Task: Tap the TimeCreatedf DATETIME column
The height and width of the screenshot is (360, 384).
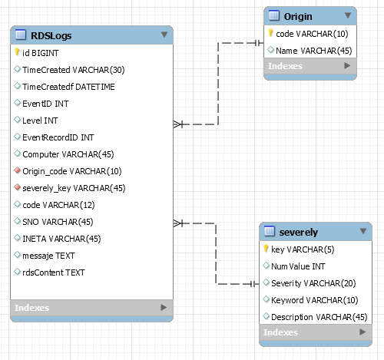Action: tap(69, 87)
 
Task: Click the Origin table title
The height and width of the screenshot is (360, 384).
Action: tap(297, 16)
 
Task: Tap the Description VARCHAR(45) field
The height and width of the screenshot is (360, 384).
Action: tap(319, 317)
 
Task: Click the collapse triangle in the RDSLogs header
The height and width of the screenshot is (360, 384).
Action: tap(164, 35)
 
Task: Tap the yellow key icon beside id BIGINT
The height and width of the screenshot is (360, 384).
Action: tap(17, 53)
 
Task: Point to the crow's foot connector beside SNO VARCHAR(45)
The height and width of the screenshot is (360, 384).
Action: tap(180, 223)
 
